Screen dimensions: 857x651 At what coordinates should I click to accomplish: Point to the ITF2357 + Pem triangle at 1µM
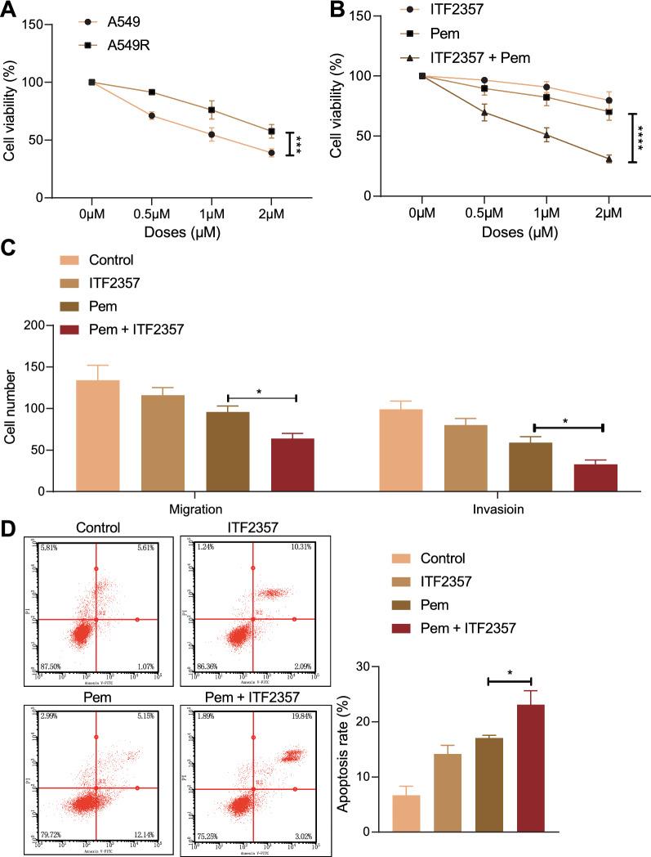(546, 135)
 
